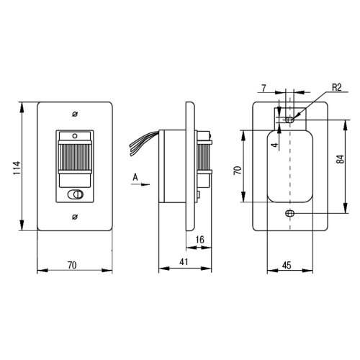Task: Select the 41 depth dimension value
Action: (x=184, y=262)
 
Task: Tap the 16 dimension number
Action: (x=199, y=240)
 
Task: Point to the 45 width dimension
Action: (x=287, y=265)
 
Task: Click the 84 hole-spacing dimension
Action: (x=340, y=159)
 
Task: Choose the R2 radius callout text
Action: (x=336, y=87)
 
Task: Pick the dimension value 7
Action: (x=264, y=89)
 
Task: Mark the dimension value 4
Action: (x=275, y=145)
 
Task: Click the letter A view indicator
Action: (x=135, y=177)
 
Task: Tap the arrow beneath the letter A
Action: (x=140, y=184)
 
